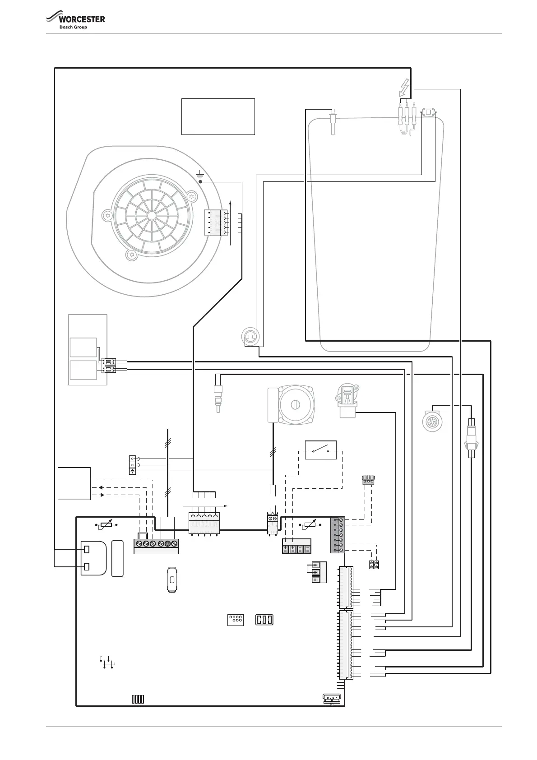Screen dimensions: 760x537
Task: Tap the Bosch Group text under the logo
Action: point(73,28)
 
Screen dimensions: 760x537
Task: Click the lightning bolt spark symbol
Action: point(404,88)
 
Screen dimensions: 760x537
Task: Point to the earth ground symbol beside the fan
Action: point(200,174)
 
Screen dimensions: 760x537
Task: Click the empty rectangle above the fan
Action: point(218,116)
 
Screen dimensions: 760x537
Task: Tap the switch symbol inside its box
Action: point(320,450)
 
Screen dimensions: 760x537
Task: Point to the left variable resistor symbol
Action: point(106,525)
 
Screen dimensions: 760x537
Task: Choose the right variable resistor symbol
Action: point(310,524)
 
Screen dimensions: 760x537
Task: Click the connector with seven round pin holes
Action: point(236,620)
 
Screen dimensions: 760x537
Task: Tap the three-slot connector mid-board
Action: point(264,620)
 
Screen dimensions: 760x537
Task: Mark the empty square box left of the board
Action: point(74,483)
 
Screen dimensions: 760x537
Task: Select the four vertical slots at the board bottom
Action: point(138,700)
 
